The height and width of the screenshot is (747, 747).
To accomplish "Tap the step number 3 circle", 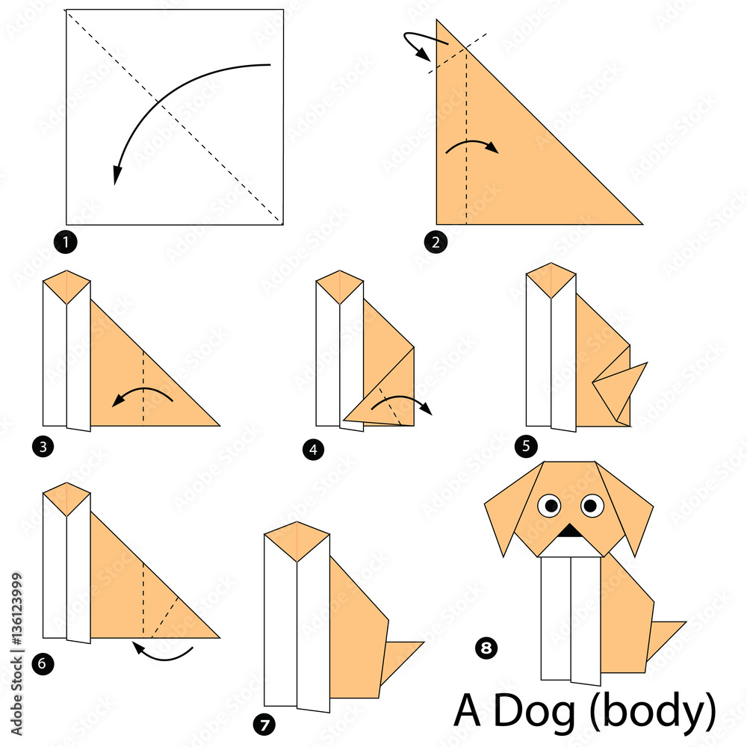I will [x=42, y=447].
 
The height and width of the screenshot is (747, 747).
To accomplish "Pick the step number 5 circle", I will [x=526, y=447].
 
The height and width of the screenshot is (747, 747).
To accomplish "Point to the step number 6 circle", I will [x=42, y=661].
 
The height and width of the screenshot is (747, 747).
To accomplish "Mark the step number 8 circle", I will [x=486, y=648].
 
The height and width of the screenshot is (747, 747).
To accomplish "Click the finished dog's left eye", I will [x=551, y=506].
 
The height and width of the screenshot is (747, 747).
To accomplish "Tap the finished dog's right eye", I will [x=592, y=506].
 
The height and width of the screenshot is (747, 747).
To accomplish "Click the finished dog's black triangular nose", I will [x=571, y=531].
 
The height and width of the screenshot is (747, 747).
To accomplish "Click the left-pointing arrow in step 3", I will [x=142, y=395].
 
